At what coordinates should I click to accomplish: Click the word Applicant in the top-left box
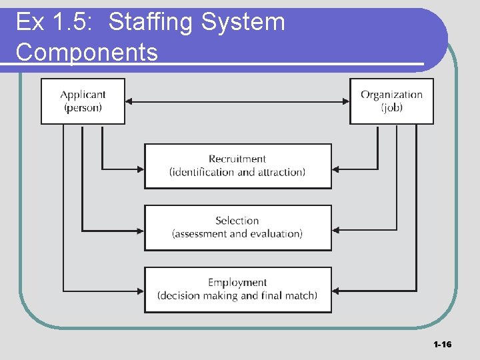83,95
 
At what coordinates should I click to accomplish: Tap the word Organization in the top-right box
391,95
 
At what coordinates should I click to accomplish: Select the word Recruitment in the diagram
237,159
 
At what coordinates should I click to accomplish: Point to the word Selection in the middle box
237,221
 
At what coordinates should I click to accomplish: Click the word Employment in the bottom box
237,283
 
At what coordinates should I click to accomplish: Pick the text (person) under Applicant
83,108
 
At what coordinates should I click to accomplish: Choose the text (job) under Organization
392,108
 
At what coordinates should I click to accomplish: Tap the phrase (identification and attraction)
237,172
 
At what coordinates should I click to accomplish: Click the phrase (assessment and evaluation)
237,234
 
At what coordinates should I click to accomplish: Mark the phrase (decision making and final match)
237,296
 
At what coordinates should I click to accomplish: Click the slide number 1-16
442,345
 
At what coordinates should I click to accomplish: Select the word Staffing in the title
151,22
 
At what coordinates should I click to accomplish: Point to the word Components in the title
87,52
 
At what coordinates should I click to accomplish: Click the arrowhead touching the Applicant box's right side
129,101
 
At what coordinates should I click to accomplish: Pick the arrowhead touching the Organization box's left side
346,101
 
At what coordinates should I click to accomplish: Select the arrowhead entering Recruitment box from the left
141,169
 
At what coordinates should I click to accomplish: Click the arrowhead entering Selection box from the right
335,230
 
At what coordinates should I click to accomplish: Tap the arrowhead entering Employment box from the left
141,291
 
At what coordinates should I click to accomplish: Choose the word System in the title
243,22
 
